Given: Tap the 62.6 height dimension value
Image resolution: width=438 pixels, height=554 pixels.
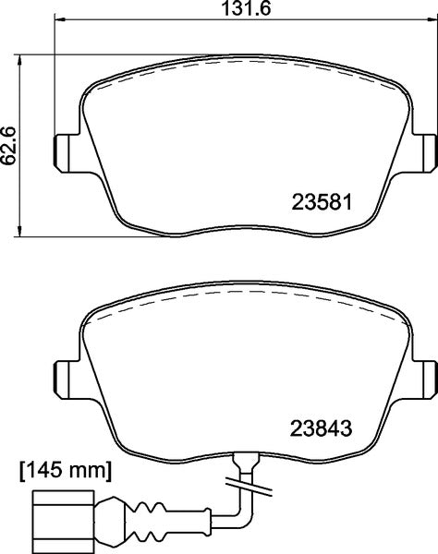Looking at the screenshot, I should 10,146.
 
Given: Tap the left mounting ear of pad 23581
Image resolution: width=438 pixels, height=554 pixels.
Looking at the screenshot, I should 66,148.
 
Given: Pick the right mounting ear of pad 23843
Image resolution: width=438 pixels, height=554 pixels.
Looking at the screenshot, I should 426,377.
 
